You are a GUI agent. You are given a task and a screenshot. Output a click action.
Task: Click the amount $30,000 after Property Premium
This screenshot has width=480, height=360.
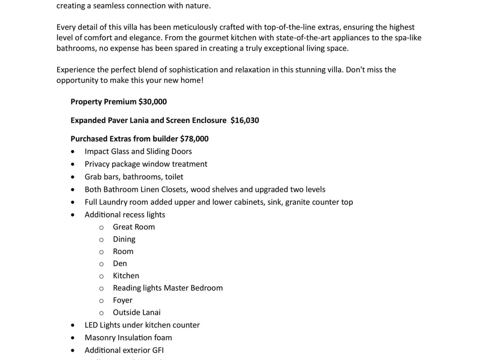[x=152, y=102]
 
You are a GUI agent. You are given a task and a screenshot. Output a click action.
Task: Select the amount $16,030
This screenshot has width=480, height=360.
[x=244, y=120]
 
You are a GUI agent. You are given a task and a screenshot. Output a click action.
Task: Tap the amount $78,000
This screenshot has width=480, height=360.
[x=194, y=139]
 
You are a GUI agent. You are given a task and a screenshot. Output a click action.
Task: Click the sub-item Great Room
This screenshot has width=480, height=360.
[x=133, y=227]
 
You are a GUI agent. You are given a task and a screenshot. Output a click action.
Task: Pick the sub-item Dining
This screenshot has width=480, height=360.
[x=124, y=239]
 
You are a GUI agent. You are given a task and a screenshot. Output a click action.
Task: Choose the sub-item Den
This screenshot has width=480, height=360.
[x=120, y=264]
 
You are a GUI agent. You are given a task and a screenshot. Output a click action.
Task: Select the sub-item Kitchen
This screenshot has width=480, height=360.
[x=126, y=276]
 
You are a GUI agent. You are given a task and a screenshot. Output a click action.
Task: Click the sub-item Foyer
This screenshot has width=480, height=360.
[x=122, y=300]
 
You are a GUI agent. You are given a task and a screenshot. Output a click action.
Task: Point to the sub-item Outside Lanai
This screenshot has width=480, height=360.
[x=136, y=312]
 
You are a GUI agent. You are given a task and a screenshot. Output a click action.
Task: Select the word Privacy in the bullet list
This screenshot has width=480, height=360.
[x=97, y=164]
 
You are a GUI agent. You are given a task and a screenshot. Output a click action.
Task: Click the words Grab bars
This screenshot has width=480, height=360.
[x=100, y=177]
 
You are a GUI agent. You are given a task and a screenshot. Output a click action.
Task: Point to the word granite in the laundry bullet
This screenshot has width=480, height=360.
[x=297, y=202]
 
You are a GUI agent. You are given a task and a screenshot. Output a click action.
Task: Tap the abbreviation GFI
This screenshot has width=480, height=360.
[x=157, y=350]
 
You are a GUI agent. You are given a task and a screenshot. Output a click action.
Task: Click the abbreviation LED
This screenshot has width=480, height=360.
[x=92, y=325]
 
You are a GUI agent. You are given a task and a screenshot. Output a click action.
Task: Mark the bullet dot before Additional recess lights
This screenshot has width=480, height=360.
[x=72, y=215]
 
